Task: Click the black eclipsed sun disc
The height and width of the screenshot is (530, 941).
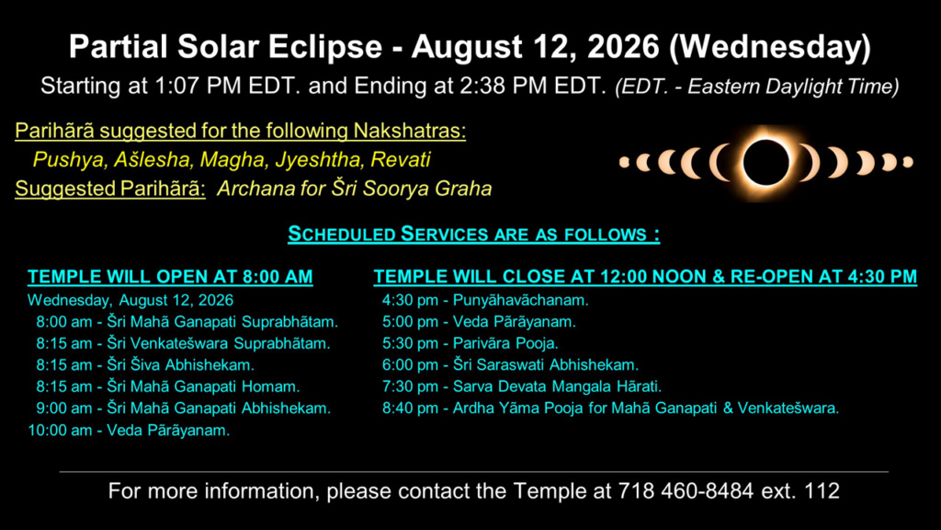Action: point(765,162)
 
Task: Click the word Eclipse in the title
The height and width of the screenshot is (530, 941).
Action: point(324,47)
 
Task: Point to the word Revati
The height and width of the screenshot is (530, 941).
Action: point(401,159)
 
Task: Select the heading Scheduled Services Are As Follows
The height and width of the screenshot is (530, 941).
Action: point(473,234)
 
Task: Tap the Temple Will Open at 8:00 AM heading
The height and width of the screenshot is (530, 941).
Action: point(170,276)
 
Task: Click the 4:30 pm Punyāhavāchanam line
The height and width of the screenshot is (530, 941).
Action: point(485,300)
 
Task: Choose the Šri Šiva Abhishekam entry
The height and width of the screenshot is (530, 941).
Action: point(181,364)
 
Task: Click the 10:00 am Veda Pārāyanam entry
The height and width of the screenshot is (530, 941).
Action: point(129,431)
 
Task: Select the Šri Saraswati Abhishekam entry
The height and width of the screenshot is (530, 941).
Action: point(546,364)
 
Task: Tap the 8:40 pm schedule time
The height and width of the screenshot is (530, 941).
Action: point(410,408)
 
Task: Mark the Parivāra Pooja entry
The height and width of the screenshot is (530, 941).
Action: point(505,343)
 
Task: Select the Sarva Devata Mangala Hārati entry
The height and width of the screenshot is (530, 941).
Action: point(557,386)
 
